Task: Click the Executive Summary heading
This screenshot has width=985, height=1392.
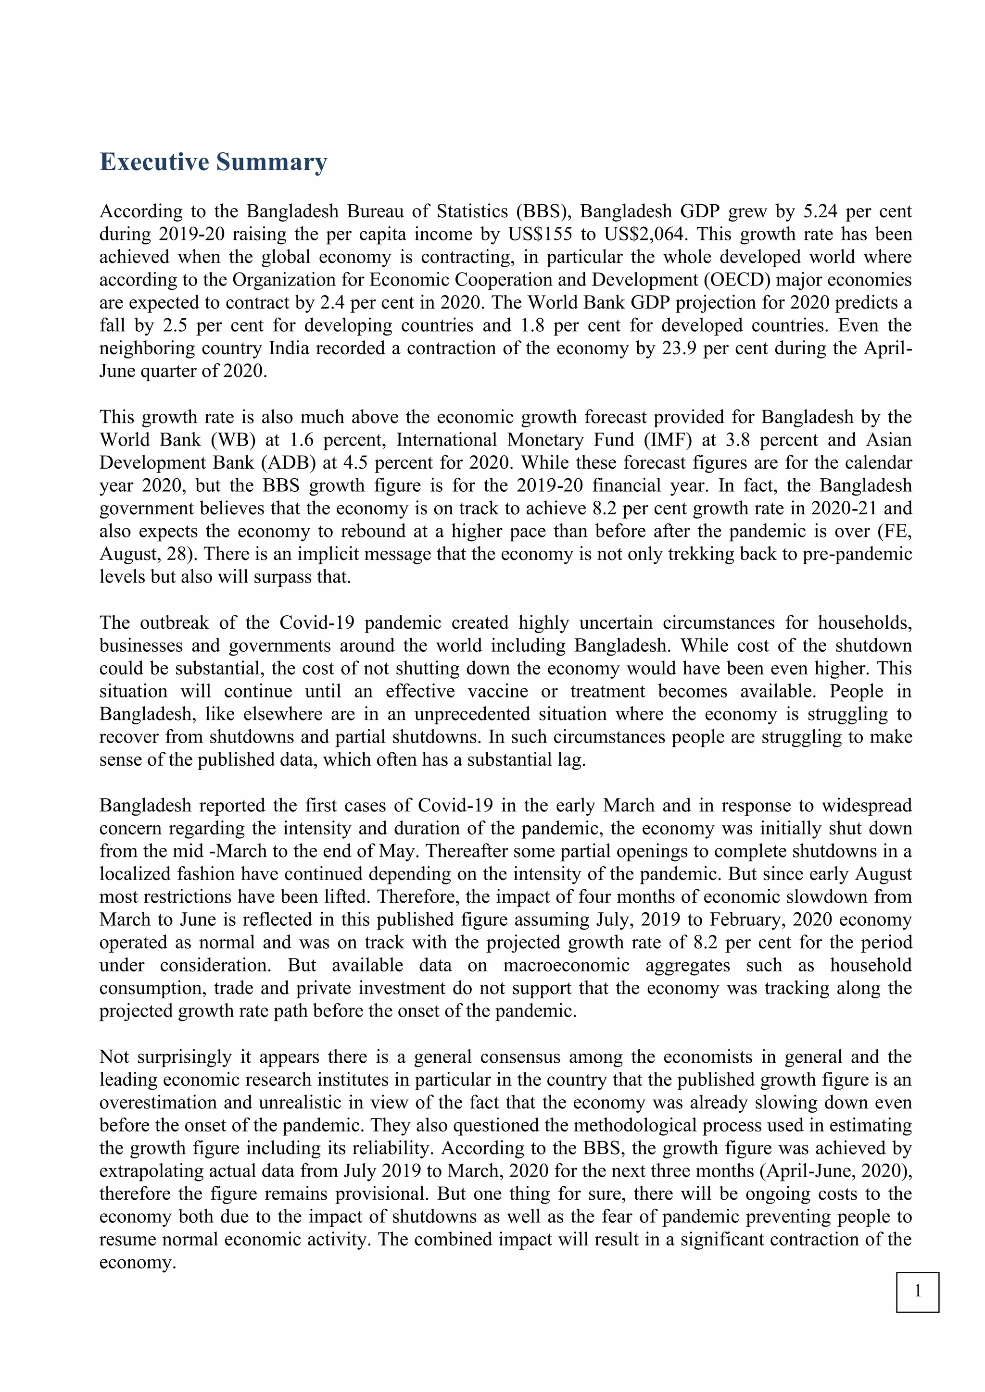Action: [x=213, y=162]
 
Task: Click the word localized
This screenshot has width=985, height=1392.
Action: [x=137, y=874]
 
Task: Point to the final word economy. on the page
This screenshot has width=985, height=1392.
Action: [x=138, y=1262]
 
